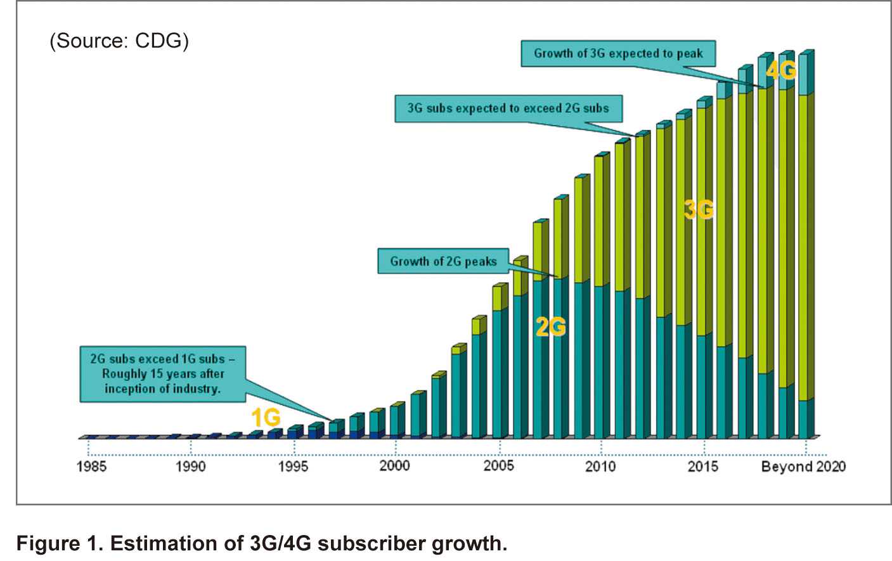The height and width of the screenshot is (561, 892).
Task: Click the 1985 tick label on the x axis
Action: [91, 467]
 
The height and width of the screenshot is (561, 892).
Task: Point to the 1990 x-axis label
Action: [190, 467]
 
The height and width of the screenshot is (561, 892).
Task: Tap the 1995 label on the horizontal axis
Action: [293, 467]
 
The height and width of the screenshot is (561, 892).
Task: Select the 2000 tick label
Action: [395, 466]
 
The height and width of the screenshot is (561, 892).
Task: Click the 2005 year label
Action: [498, 466]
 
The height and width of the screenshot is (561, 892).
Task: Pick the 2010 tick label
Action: [600, 467]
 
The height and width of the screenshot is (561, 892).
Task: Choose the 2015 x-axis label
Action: [703, 467]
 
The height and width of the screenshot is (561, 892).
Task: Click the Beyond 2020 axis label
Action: [803, 467]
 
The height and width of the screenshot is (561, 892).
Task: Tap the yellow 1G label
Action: [266, 418]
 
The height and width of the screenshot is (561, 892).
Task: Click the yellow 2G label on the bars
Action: [550, 327]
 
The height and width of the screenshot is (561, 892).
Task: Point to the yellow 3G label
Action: [699, 210]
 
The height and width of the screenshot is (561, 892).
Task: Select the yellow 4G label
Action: [780, 70]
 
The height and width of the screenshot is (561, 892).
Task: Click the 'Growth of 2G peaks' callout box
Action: [443, 261]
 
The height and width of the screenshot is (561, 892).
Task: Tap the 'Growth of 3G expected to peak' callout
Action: [618, 54]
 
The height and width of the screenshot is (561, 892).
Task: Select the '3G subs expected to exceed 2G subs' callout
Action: [508, 108]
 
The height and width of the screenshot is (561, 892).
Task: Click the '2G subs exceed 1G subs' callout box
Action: [162, 374]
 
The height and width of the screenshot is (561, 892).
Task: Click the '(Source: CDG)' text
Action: [119, 41]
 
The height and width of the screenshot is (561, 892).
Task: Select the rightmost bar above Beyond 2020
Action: [805, 247]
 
